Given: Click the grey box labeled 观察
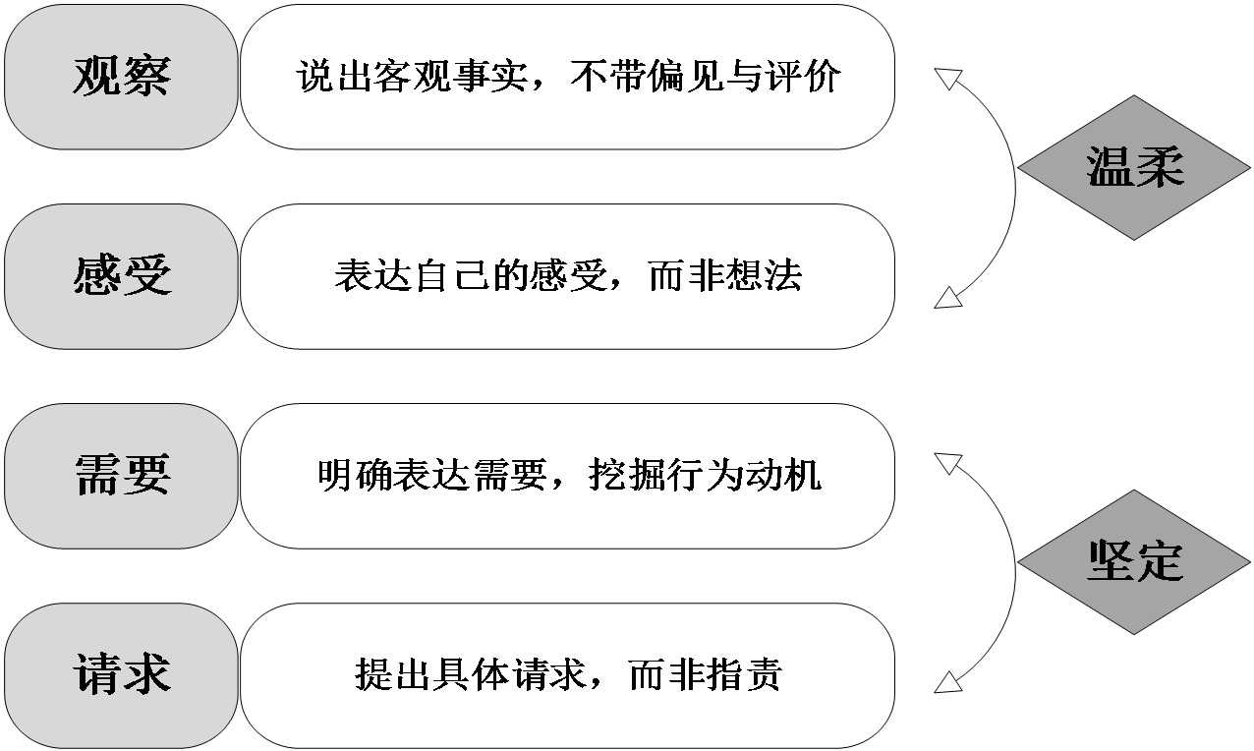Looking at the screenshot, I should pyautogui.click(x=121, y=77).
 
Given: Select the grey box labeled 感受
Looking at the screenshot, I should pyautogui.click(x=121, y=276).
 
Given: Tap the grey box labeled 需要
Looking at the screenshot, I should pyautogui.click(x=121, y=476).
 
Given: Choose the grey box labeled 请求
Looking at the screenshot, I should pyautogui.click(x=121, y=675).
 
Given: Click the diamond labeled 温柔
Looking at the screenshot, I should pyautogui.click(x=1134, y=167).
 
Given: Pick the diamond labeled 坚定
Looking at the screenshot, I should pyautogui.click(x=1134, y=562).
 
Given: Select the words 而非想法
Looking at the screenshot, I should pyautogui.click(x=725, y=276).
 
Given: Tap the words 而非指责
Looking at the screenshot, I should pyautogui.click(x=706, y=675).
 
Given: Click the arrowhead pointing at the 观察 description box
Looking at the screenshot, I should pyautogui.click(x=946, y=79).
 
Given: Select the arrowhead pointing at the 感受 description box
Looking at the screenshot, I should pyautogui.click(x=946, y=298).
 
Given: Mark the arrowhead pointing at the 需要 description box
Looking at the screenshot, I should pyautogui.click(x=946, y=462).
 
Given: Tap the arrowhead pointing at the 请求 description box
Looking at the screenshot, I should pyautogui.click(x=946, y=681).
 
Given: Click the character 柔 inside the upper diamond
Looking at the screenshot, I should pyautogui.click(x=1160, y=167).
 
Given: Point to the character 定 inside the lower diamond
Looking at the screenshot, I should pyautogui.click(x=1160, y=562).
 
